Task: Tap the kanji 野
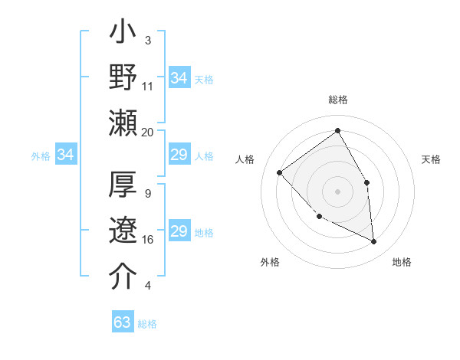(x=123, y=78)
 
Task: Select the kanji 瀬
(x=123, y=123)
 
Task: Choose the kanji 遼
(x=123, y=231)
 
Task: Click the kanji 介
(x=123, y=276)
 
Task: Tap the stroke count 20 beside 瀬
(x=147, y=132)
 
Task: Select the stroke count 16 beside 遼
(x=147, y=240)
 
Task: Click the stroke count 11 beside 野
(x=147, y=87)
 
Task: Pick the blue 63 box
(x=123, y=322)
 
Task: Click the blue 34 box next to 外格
(x=66, y=155)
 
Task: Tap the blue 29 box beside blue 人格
(x=179, y=155)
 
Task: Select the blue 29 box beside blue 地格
(x=179, y=231)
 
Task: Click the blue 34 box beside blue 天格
(x=179, y=78)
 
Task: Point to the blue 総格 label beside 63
(x=147, y=324)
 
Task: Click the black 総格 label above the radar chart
(x=338, y=100)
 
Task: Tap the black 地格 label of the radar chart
(x=402, y=262)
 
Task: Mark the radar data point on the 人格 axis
(x=280, y=172)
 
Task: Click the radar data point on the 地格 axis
(x=373, y=241)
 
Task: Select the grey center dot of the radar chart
(x=337, y=191)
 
